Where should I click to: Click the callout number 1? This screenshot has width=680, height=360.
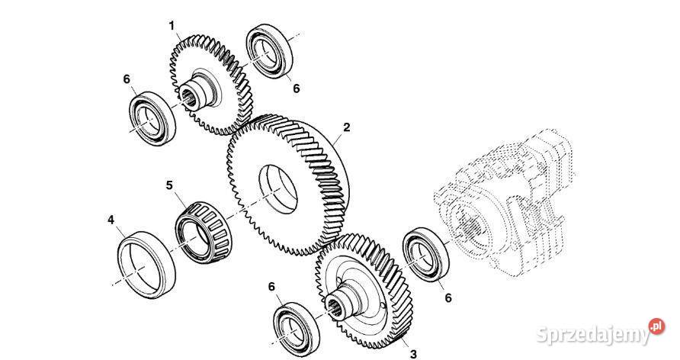point(172,26)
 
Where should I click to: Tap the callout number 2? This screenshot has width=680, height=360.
point(347,127)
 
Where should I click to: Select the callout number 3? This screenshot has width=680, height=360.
point(413,355)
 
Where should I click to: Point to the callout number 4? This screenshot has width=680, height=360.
point(111,220)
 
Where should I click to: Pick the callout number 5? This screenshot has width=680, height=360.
point(169,185)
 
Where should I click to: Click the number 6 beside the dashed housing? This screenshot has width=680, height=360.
point(448,298)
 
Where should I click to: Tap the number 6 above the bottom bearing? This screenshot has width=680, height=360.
point(271,287)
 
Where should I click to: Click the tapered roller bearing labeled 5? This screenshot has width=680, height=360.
point(204,233)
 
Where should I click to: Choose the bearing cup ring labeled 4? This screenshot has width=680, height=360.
point(146,265)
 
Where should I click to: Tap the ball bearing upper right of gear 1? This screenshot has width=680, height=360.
point(269,52)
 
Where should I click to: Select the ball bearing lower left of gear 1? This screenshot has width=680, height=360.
point(153,118)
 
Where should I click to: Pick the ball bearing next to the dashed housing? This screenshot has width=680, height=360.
point(426,255)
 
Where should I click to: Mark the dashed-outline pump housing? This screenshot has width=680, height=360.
point(503,201)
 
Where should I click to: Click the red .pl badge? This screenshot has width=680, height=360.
point(656,326)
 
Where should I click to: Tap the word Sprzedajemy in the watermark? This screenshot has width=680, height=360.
point(593,335)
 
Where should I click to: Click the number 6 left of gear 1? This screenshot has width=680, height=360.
point(127,79)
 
